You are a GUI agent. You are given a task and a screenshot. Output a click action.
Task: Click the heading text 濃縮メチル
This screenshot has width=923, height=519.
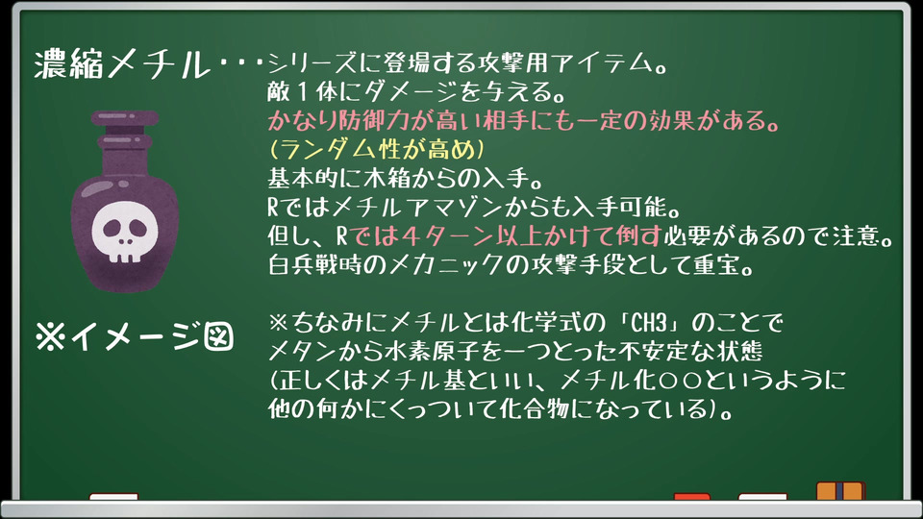pyautogui.click(x=122, y=63)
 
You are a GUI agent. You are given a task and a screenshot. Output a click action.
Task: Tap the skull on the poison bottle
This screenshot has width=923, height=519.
pyautogui.click(x=125, y=232)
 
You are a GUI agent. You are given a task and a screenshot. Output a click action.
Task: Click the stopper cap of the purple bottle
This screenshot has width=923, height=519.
pyautogui.click(x=125, y=117)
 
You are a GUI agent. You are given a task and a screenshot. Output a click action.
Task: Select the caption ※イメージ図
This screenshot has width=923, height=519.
pyautogui.click(x=135, y=336)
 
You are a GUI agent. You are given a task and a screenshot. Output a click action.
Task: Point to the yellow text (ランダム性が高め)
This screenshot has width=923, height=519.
pyautogui.click(x=377, y=150)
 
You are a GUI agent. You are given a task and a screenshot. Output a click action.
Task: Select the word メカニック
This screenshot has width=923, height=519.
pyautogui.click(x=445, y=265)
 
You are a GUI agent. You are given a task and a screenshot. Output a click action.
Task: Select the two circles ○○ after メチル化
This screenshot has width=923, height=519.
pyautogui.click(x=681, y=381)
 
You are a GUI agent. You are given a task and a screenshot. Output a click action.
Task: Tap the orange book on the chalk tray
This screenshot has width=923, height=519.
pyautogui.click(x=840, y=491)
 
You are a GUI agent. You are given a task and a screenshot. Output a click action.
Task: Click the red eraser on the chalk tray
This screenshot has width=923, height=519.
pyautogui.click(x=691, y=497)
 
